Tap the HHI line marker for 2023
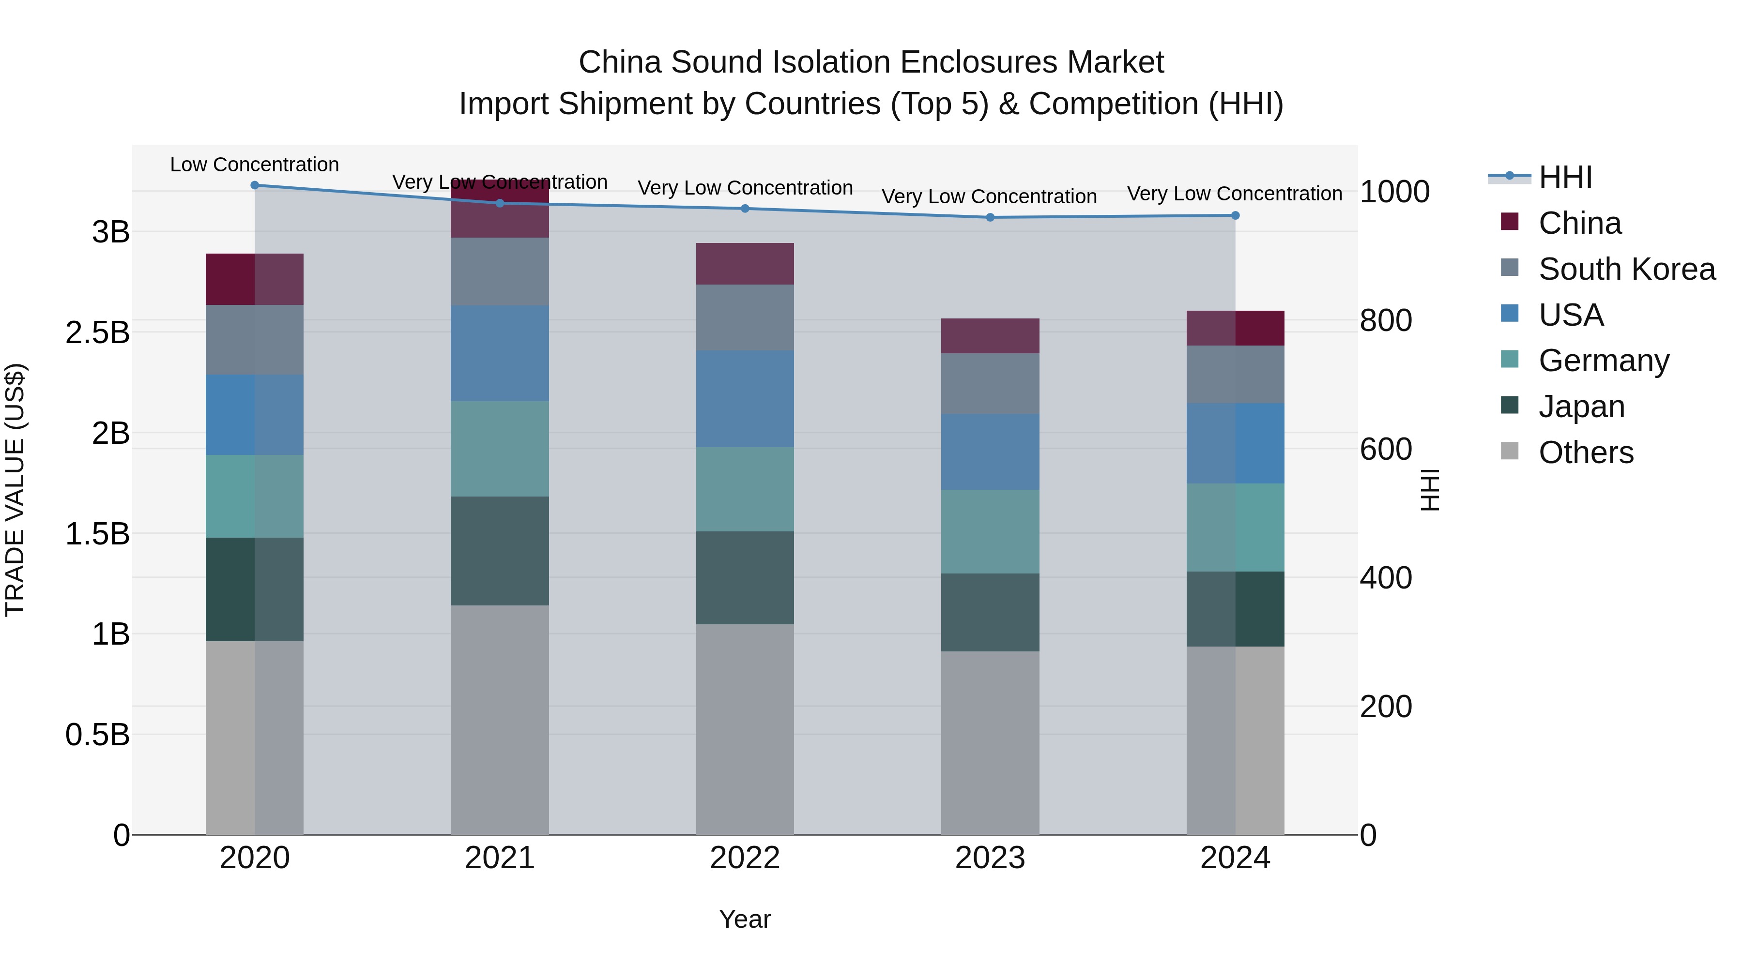(990, 218)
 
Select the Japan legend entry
(1581, 407)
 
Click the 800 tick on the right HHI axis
(1386, 320)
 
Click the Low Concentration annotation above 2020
(254, 165)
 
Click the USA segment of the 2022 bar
(745, 399)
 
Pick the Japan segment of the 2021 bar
(500, 551)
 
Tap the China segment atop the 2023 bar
(990, 336)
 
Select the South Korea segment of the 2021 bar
(500, 272)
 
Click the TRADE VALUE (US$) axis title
(15, 490)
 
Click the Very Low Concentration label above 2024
(1234, 194)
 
